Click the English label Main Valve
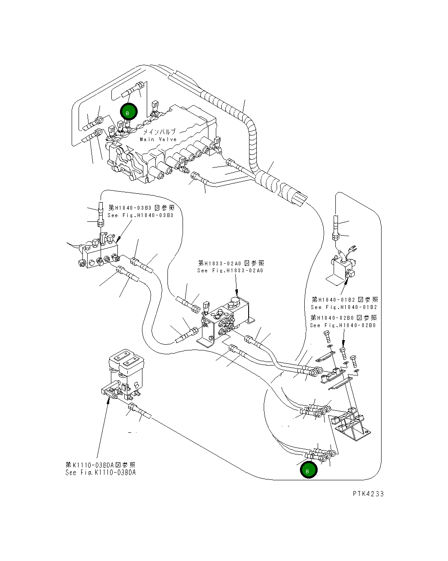(x=158, y=139)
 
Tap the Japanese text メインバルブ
(x=159, y=132)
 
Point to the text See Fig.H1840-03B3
(x=140, y=215)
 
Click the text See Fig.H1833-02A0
(x=230, y=271)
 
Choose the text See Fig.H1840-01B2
(x=344, y=307)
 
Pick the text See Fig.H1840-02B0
(x=343, y=325)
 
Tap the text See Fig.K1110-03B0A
(x=101, y=473)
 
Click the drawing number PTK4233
(x=368, y=494)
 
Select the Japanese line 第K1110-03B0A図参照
(x=101, y=465)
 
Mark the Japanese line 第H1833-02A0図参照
(x=231, y=263)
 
